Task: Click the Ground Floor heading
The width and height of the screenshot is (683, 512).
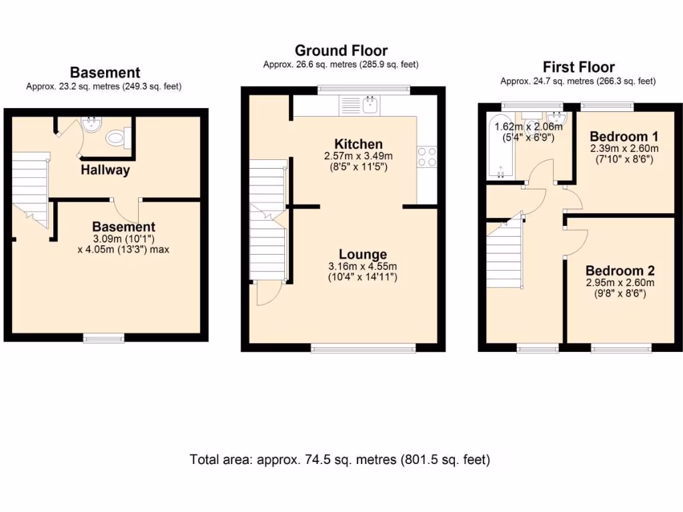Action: pos(341,51)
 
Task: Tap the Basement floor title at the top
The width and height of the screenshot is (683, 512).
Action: pos(105,73)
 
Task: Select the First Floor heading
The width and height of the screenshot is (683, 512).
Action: pos(578,67)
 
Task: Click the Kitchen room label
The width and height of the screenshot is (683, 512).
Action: pos(359,144)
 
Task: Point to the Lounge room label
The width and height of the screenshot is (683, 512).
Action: pos(363,254)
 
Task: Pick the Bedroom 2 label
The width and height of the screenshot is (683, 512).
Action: pos(620,271)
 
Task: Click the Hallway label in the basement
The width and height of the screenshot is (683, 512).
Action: pos(105,170)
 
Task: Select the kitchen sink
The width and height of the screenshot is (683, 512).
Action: pos(369,105)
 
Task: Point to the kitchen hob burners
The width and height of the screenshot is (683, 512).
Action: pos(426,156)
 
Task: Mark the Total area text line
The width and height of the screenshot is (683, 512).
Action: pos(340,459)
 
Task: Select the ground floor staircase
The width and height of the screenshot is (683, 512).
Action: pos(267,220)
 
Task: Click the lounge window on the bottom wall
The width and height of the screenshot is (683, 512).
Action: pos(364,347)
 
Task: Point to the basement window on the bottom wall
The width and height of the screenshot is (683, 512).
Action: pos(104,338)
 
